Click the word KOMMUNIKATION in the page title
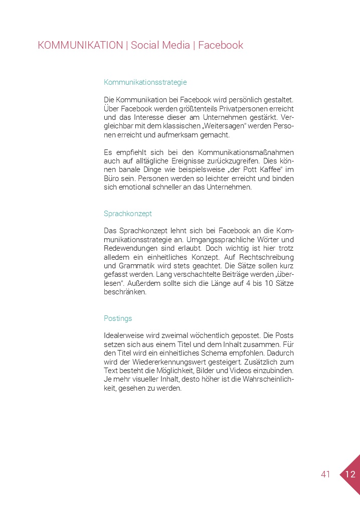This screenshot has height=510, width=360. pos(80,45)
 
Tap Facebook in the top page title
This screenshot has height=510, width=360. pos(221,45)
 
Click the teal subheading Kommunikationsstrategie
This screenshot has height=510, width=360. pos(145,82)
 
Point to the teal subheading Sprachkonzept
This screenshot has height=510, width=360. pos(127,213)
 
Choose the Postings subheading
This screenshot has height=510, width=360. pos(118,318)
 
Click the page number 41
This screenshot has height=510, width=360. pos(325,474)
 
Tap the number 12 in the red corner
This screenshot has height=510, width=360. pos(350,474)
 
